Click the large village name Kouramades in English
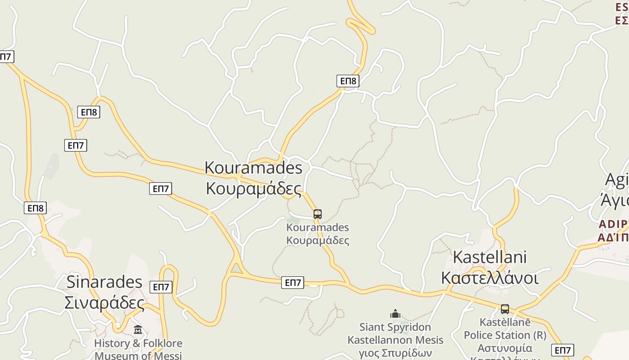click(253, 168)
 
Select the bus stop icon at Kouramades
click(318, 214)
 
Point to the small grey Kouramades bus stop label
click(318, 228)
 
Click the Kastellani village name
click(490, 257)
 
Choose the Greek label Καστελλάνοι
click(490, 278)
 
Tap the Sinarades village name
click(104, 282)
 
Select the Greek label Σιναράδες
click(104, 302)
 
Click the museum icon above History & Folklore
click(138, 330)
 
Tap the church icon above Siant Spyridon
click(395, 314)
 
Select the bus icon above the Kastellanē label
click(505, 309)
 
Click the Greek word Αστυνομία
click(505, 348)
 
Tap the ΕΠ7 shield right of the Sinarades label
click(161, 287)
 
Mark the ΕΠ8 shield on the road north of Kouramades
click(348, 81)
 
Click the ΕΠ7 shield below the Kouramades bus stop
click(293, 283)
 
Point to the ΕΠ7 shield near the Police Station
click(563, 350)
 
